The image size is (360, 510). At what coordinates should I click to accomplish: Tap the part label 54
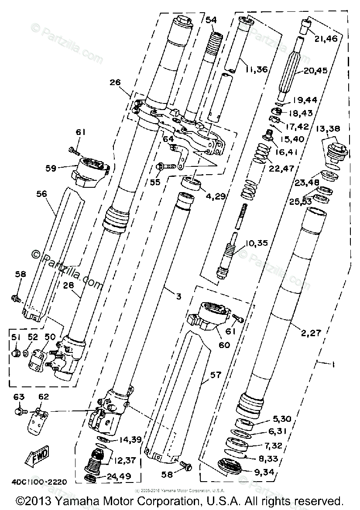[211, 20]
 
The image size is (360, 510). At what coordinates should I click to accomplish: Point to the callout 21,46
[325, 39]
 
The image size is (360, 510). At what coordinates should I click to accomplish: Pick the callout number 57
[216, 374]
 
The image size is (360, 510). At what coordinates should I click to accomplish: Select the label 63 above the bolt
[19, 397]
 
